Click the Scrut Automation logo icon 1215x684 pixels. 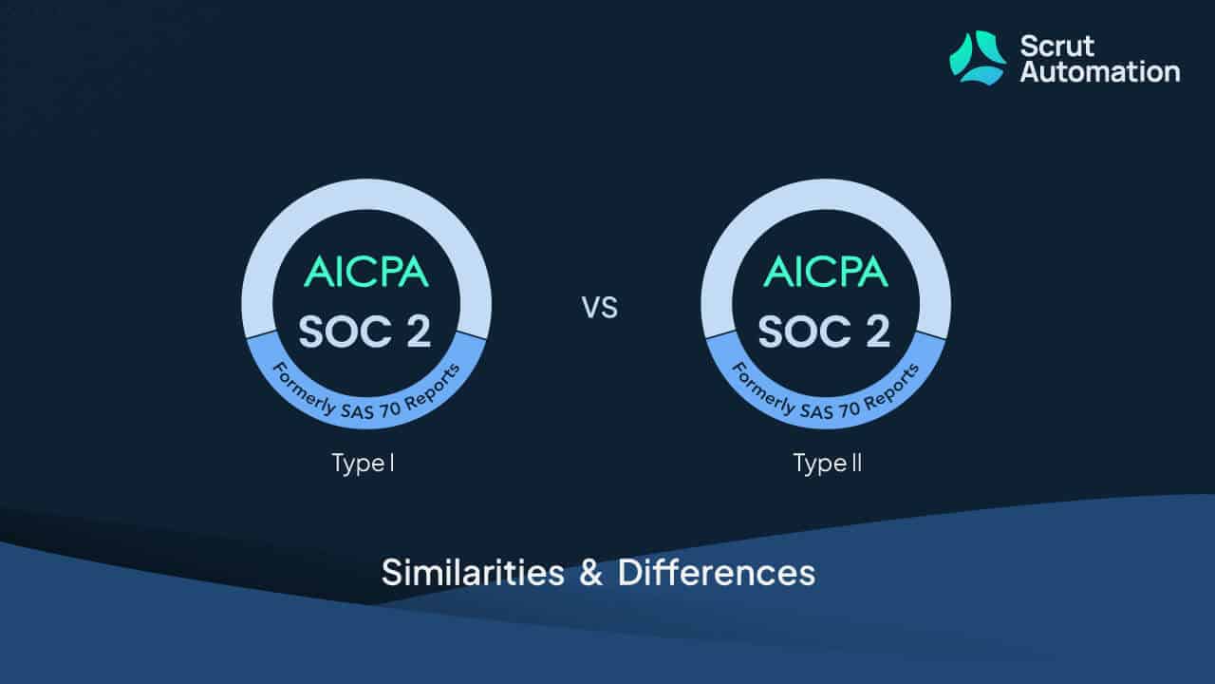[x=978, y=58]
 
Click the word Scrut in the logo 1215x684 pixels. [x=1057, y=47]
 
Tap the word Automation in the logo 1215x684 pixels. [x=1100, y=72]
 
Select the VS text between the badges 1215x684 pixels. [x=599, y=308]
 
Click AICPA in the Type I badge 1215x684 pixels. [x=366, y=272]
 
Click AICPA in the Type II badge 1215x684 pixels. [x=826, y=272]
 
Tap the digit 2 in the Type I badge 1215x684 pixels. [x=419, y=332]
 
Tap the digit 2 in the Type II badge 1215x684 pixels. [x=878, y=332]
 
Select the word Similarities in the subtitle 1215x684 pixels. [x=473, y=573]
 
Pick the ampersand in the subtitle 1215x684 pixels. [x=590, y=573]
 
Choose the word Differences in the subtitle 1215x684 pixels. [x=717, y=573]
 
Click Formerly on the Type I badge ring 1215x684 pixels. [x=304, y=389]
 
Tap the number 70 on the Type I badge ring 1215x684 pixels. [x=390, y=409]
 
